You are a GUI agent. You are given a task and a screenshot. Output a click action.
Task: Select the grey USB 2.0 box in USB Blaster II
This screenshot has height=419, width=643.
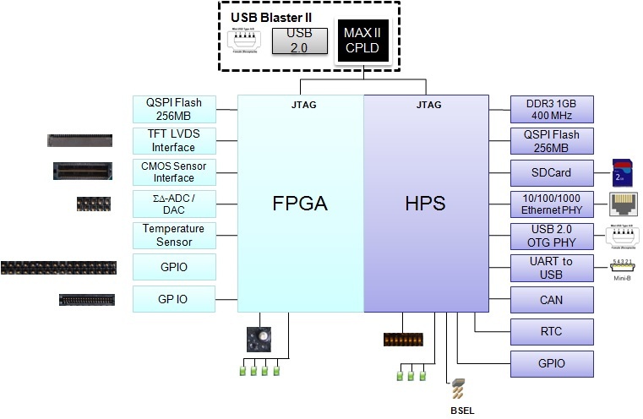299,39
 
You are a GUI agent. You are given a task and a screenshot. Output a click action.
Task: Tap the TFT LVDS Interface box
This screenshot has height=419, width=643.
173,140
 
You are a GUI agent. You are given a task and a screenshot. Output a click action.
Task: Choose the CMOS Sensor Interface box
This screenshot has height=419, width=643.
173,171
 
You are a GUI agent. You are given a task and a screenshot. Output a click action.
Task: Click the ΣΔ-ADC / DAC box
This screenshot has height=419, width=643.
173,204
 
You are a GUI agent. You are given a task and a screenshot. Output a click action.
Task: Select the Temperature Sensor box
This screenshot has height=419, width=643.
173,236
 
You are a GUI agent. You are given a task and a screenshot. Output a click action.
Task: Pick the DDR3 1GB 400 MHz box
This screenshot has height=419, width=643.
553,109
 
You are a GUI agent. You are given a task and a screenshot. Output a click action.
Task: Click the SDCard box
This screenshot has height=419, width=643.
553,172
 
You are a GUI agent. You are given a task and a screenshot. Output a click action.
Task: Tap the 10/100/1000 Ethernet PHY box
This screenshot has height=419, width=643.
553,204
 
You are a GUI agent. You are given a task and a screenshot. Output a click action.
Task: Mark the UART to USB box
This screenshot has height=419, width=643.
553,268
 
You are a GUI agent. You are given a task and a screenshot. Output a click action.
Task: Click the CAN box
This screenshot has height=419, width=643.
553,300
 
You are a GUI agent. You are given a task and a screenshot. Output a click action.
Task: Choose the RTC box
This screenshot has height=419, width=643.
553,332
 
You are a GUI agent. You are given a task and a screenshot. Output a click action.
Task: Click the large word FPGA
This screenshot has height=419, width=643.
299,204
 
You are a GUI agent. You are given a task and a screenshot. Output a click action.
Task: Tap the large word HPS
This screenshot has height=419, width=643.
426,204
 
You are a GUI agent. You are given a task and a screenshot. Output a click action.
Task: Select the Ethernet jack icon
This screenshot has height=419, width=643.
623,204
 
